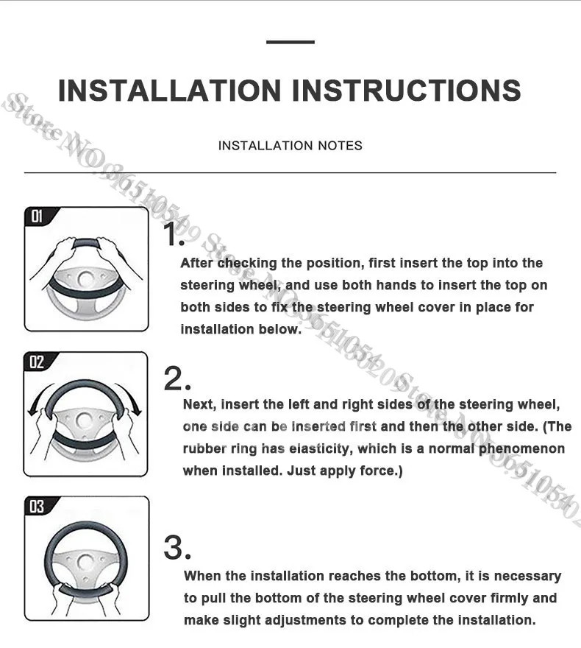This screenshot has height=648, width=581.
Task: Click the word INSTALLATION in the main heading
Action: pyautogui.click(x=170, y=90)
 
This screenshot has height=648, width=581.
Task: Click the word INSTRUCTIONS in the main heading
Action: pyautogui.click(x=407, y=90)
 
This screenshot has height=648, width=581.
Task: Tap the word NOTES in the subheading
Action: pyautogui.click(x=340, y=146)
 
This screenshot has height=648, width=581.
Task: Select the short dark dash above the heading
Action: pyautogui.click(x=290, y=42)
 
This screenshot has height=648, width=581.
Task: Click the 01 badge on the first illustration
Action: pyautogui.click(x=37, y=216)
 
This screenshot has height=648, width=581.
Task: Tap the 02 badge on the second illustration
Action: pyautogui.click(x=37, y=362)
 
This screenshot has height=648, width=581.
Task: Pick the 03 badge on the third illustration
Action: pyautogui.click(x=37, y=506)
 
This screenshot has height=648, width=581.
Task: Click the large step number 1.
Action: pyautogui.click(x=174, y=234)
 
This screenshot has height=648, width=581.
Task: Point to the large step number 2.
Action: pyautogui.click(x=177, y=379)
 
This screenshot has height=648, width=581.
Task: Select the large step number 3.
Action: pyautogui.click(x=177, y=548)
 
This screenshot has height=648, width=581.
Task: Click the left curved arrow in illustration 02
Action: pyautogui.click(x=38, y=399)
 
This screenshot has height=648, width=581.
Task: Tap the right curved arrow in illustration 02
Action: pyautogui.click(x=131, y=399)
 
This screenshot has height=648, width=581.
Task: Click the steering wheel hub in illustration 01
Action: pyautogui.click(x=86, y=280)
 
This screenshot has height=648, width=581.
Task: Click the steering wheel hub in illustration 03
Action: pyautogui.click(x=85, y=563)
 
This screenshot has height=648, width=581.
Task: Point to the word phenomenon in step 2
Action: pyautogui.click(x=521, y=448)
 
